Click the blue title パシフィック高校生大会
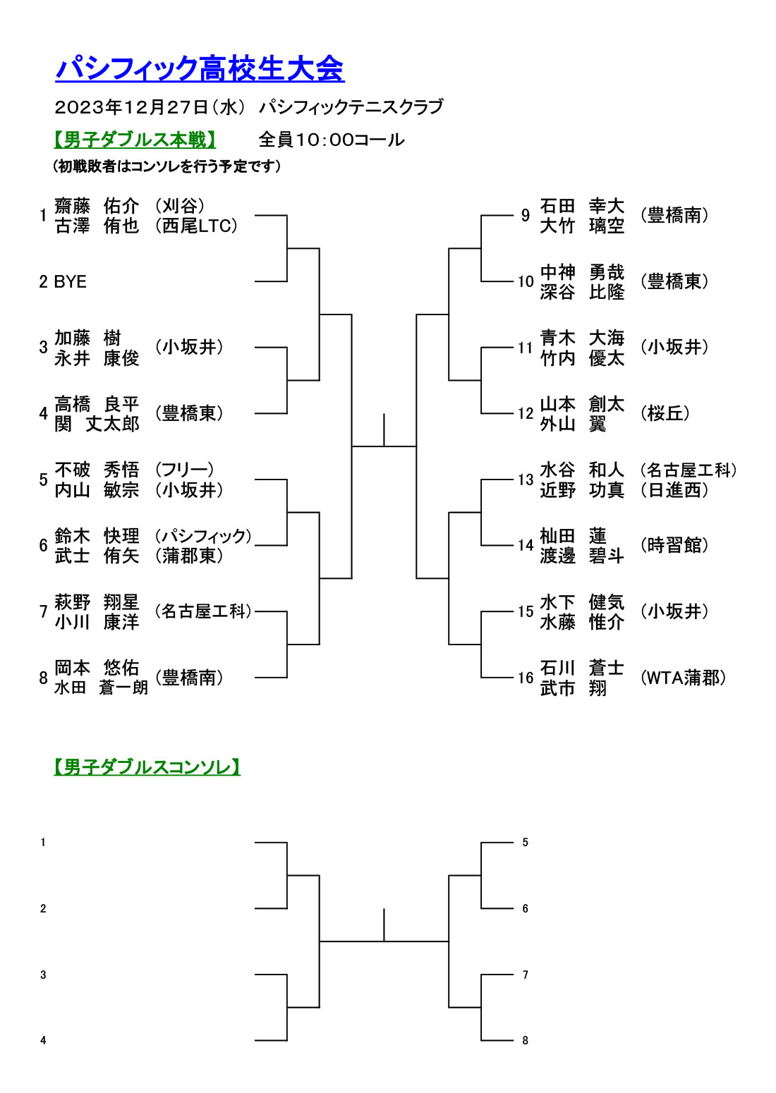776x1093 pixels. [x=200, y=68]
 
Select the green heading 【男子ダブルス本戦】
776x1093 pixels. [x=135, y=140]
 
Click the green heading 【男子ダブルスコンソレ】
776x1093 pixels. [x=147, y=767]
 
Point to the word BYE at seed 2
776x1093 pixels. [x=71, y=281]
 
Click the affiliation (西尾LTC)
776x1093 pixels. [x=196, y=226]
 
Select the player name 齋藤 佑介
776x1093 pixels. [x=97, y=206]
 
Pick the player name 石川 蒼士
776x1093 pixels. [x=582, y=668]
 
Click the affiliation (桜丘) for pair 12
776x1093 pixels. [x=665, y=413]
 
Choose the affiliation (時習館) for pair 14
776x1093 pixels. [x=674, y=545]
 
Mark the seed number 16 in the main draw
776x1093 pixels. [x=526, y=678]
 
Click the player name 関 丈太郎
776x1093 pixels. [x=97, y=424]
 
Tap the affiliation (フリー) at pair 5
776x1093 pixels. [x=185, y=470]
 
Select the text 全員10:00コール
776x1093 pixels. [x=332, y=140]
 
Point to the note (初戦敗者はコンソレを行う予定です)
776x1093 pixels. [x=167, y=166]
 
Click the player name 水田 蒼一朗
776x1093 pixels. [x=101, y=688]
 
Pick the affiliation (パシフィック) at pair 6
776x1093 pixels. [x=203, y=536]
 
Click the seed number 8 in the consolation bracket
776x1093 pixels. [x=525, y=1040]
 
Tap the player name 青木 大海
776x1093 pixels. [x=582, y=338]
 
